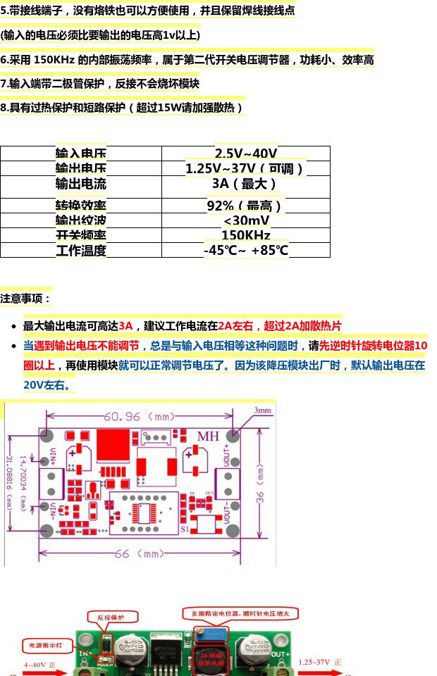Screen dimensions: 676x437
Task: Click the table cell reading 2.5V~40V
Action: pyautogui.click(x=245, y=154)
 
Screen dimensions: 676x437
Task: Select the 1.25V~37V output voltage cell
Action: pyautogui.click(x=245, y=169)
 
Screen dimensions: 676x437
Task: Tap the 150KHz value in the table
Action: pyautogui.click(x=245, y=235)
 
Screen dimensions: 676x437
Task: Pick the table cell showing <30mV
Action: pyautogui.click(x=245, y=220)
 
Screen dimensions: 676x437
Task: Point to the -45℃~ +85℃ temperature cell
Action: pyautogui.click(x=245, y=250)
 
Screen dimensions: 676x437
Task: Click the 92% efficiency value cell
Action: pyautogui.click(x=245, y=206)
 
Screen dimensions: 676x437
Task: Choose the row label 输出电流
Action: pyautogui.click(x=81, y=184)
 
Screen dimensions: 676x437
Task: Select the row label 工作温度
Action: pyautogui.click(x=81, y=250)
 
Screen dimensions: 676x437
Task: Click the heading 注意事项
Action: pyautogui.click(x=26, y=299)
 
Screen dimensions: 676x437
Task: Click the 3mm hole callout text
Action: pyautogui.click(x=262, y=411)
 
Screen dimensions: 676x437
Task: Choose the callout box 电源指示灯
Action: pyautogui.click(x=46, y=644)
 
